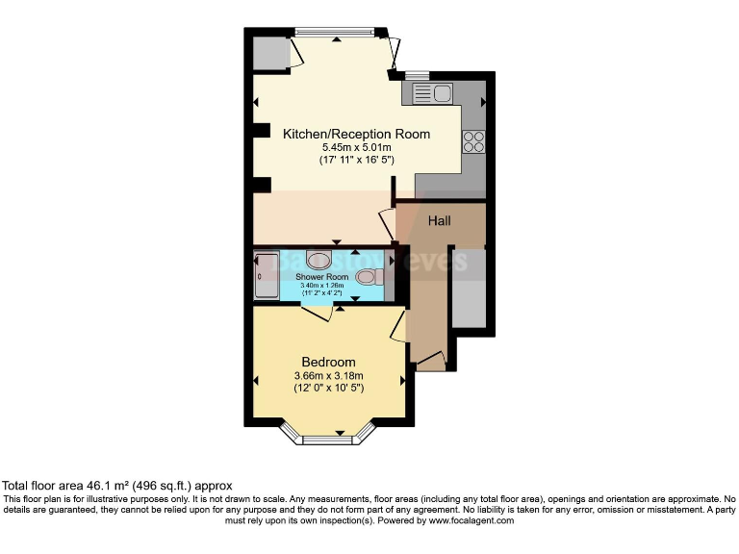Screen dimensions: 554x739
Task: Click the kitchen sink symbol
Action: (x=432, y=93)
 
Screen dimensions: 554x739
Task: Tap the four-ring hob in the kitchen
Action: (x=473, y=141)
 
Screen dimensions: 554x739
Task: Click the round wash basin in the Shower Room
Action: (x=319, y=259)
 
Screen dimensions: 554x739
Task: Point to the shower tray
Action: (x=266, y=275)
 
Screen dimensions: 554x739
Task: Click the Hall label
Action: (x=439, y=220)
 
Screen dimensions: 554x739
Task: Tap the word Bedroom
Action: (x=329, y=361)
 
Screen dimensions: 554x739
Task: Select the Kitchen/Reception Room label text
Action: (x=356, y=134)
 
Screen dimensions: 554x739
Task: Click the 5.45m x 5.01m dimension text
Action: (x=357, y=147)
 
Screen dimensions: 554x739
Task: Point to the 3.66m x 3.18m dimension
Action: (x=329, y=375)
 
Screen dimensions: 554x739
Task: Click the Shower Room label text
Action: (x=321, y=277)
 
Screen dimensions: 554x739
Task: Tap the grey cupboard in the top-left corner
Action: (x=271, y=55)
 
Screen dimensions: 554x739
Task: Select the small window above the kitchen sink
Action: (x=417, y=74)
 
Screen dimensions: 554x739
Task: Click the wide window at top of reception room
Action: (x=336, y=32)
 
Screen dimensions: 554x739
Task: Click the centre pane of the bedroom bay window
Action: (x=329, y=441)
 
